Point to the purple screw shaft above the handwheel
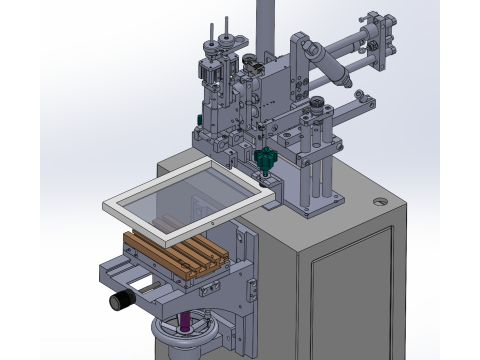point(185,321)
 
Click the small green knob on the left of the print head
point(200,121)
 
